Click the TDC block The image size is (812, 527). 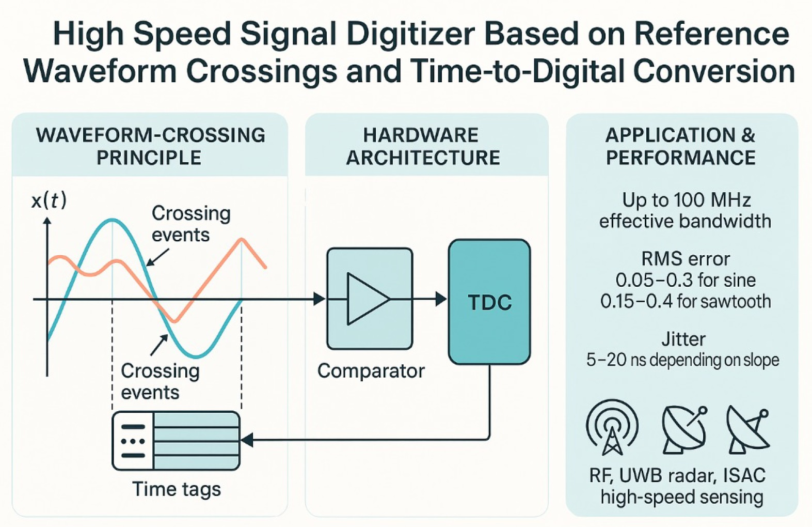(x=489, y=302)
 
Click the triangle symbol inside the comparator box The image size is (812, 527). (x=367, y=299)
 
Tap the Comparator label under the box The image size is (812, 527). (x=371, y=371)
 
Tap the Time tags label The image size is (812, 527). (x=177, y=489)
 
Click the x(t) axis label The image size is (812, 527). (x=49, y=200)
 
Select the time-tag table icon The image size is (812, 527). (x=176, y=441)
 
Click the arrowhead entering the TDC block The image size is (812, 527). (x=441, y=299)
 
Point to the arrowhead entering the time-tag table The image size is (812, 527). (x=247, y=440)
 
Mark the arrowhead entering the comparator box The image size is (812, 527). (x=320, y=299)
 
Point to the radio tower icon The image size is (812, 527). (x=612, y=428)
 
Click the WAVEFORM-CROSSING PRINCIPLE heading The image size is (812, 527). (x=150, y=146)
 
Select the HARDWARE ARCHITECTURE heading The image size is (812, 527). (x=423, y=146)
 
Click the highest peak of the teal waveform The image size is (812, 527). (x=112, y=221)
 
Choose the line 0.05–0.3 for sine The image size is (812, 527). (x=686, y=280)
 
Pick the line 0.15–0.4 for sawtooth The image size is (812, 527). (x=686, y=301)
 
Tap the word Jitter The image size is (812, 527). (x=683, y=339)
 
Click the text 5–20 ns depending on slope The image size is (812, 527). (x=682, y=360)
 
